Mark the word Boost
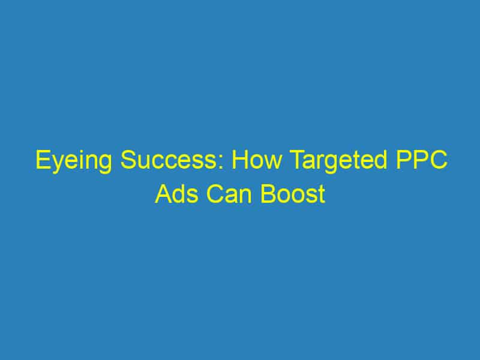294,194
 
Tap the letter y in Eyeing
55,166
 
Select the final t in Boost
322,195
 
